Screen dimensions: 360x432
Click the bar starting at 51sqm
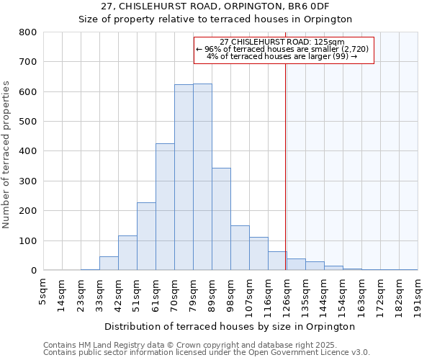point(146,237)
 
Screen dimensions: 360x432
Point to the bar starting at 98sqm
point(240,248)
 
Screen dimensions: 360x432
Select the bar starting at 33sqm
point(109,264)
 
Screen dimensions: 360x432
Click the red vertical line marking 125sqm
point(286,158)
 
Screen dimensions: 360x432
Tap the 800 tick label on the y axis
point(28,32)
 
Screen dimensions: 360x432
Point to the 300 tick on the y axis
point(28,181)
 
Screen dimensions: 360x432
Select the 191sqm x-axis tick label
point(418,294)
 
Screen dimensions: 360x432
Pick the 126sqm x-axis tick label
point(287,294)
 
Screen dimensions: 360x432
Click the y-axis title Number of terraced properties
point(7,154)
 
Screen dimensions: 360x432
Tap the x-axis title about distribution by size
point(230,326)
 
